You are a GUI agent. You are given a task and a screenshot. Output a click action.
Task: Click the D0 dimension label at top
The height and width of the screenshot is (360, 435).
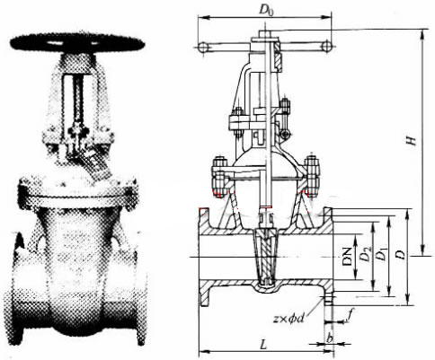[266, 11]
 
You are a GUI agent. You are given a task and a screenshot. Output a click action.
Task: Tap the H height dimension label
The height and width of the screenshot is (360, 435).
[413, 141]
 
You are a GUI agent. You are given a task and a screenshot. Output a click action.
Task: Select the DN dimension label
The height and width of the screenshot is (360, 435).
[348, 257]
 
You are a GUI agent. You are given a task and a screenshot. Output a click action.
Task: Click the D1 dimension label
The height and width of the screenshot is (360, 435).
[381, 255]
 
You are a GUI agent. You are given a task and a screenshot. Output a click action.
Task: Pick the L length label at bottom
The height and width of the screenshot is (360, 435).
[263, 345]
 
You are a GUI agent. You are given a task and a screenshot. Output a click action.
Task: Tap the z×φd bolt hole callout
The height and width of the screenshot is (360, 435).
[289, 319]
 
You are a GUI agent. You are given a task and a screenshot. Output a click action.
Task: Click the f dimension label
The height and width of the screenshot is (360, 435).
[351, 314]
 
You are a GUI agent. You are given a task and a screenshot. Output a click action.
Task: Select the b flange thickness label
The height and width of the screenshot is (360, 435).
[330, 338]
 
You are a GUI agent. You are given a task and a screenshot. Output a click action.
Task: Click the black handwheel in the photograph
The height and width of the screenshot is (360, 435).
[77, 43]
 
